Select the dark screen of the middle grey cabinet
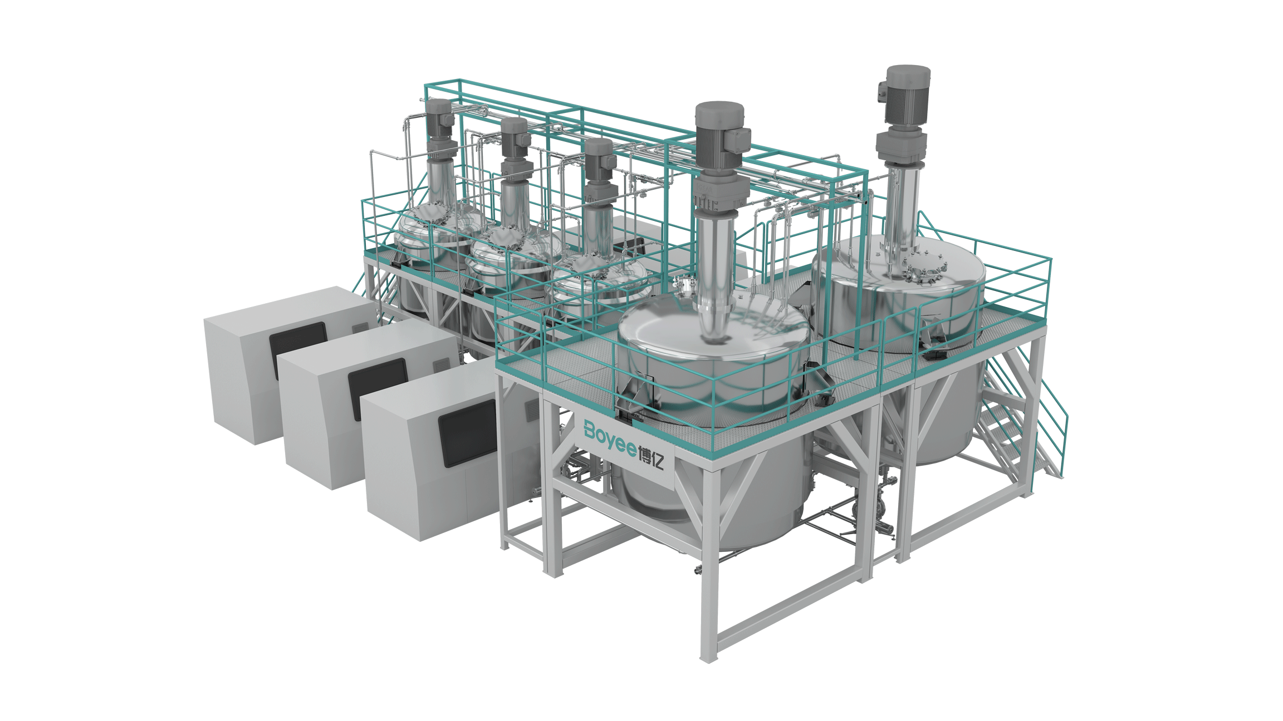378,388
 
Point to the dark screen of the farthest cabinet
298,349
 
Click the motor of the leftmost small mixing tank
440,120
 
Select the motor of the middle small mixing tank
515,137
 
